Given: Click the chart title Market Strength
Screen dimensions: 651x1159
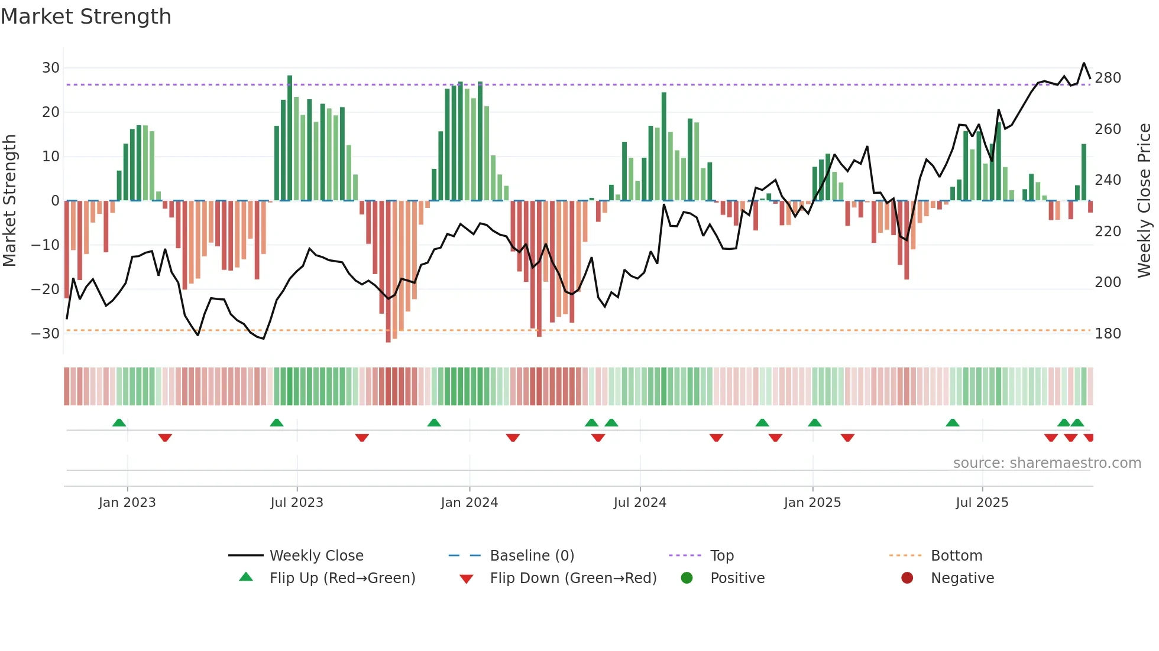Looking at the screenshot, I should [86, 17].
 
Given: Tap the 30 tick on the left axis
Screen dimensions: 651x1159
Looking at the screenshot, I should [51, 68].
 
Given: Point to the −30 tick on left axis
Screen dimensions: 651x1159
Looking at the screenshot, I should [46, 334].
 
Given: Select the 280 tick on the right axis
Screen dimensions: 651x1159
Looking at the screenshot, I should [1108, 78].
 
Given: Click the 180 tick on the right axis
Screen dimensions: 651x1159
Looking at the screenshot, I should [1108, 334].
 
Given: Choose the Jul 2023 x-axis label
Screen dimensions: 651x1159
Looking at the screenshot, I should [297, 503].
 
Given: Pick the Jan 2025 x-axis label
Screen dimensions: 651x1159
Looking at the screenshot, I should [812, 503].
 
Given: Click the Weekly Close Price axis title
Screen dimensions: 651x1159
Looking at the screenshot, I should [1144, 201].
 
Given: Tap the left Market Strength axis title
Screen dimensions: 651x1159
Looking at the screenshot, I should [9, 201].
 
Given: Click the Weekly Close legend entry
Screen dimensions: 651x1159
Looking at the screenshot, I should [316, 556].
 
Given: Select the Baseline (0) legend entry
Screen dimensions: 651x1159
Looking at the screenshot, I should [532, 556].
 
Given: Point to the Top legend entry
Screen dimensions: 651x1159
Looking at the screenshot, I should [721, 556].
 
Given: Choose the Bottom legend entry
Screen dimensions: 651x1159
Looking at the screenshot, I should [956, 556].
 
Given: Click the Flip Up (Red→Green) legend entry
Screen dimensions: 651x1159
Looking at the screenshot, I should [342, 578].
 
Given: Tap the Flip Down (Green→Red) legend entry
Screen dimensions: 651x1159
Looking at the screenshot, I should [572, 578].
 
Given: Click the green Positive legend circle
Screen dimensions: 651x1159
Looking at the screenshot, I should [687, 578].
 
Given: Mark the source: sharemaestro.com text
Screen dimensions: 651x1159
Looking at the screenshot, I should [1047, 463].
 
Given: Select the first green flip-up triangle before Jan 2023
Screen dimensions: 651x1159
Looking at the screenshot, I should [119, 423].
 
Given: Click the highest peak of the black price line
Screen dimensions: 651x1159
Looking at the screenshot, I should [1084, 63].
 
